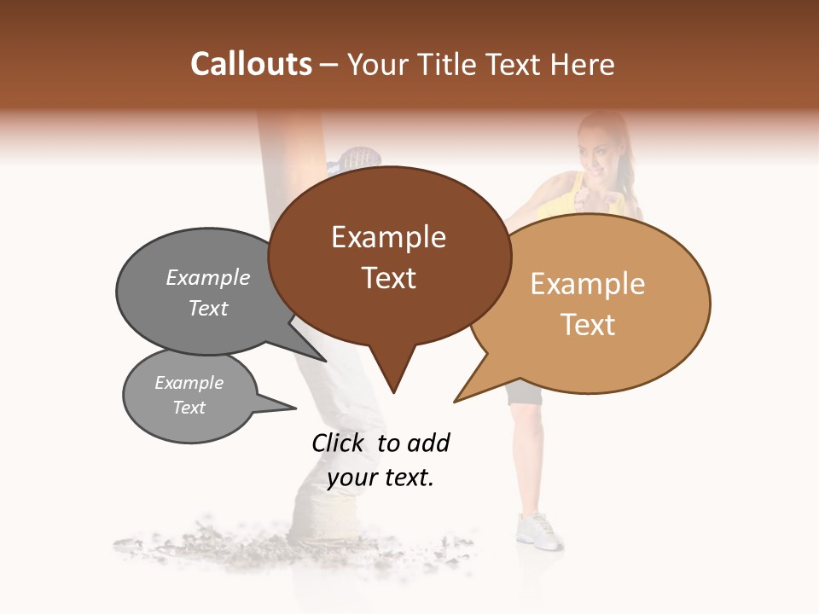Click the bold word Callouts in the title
[251, 64]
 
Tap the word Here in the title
[583, 64]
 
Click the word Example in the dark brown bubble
[388, 237]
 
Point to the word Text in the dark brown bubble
[388, 278]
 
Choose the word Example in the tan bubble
[588, 284]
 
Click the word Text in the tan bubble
[588, 325]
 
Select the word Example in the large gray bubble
[208, 278]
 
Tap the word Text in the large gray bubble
[208, 308]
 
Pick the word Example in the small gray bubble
[189, 383]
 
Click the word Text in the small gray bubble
[189, 408]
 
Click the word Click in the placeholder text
[338, 443]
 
